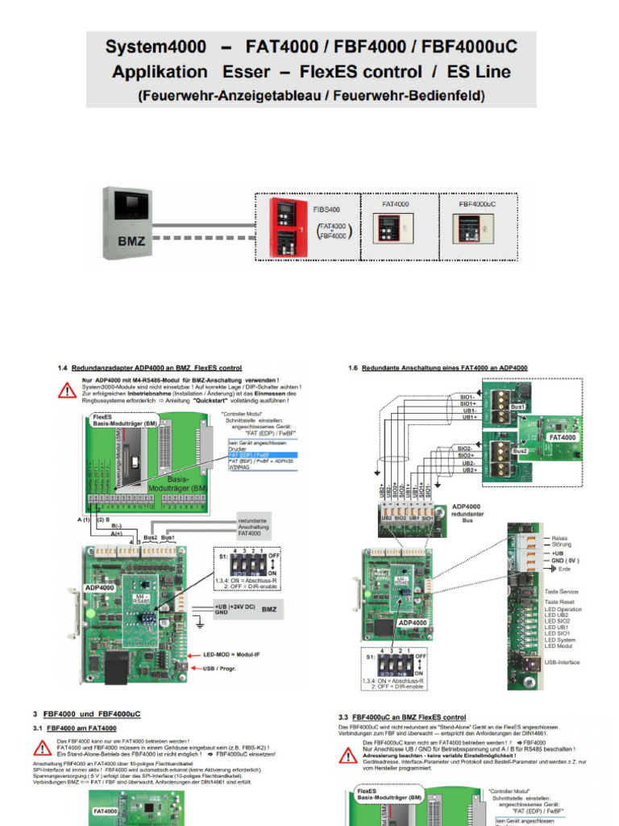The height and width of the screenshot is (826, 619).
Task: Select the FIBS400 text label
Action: tap(326, 209)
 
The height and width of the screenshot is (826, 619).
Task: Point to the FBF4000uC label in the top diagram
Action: tap(477, 205)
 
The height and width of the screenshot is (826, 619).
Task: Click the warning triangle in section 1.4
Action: tap(68, 390)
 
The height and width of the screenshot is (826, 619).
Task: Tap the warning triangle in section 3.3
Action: tap(348, 756)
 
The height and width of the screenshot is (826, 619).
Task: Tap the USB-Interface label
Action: tap(563, 662)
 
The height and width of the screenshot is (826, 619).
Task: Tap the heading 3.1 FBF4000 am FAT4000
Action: tap(81, 729)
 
